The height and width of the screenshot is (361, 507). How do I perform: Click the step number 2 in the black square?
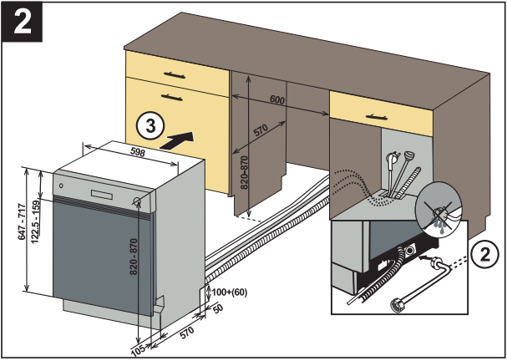click(x=24, y=22)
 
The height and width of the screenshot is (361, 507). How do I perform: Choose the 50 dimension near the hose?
click(x=219, y=309)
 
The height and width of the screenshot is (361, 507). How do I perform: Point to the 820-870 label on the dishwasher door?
click(x=133, y=267)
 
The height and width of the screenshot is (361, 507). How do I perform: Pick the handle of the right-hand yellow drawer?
click(x=365, y=104)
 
